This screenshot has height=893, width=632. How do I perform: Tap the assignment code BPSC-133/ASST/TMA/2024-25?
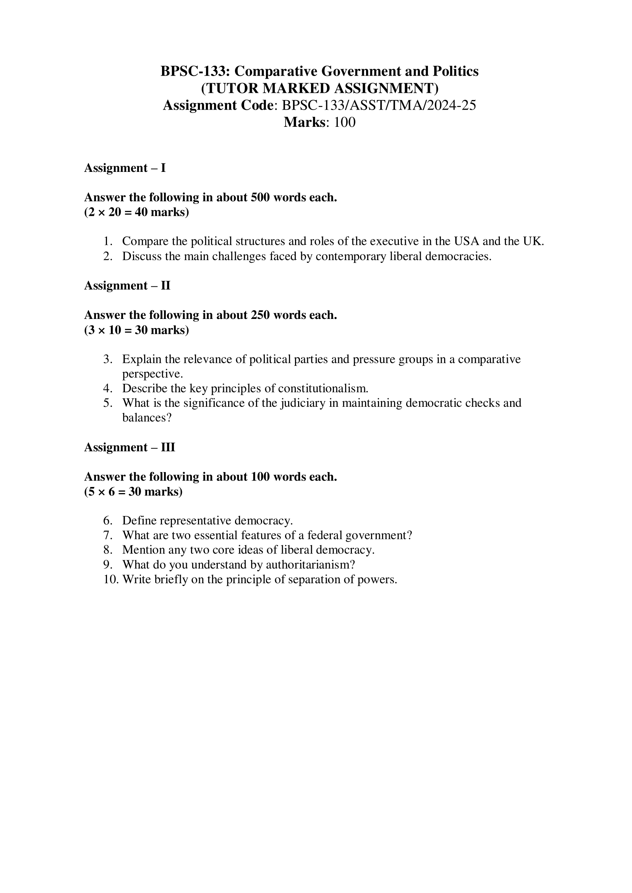click(x=379, y=105)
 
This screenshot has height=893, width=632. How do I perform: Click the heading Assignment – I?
click(x=125, y=168)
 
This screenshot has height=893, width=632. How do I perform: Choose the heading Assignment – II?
click(x=127, y=286)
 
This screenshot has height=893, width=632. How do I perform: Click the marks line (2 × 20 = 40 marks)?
click(x=136, y=212)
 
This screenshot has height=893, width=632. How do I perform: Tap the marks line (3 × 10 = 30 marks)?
click(x=136, y=330)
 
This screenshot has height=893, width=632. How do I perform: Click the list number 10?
click(x=110, y=579)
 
